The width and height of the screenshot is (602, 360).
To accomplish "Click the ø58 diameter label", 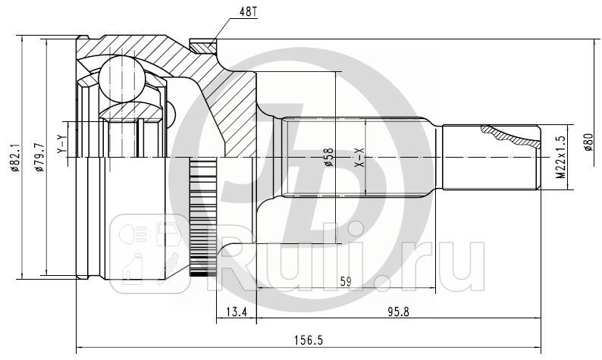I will point(328,157).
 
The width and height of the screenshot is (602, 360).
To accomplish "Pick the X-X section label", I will point(360,157).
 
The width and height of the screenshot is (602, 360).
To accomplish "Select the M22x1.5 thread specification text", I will point(560,158).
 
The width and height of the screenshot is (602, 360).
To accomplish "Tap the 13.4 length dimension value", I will point(237,311).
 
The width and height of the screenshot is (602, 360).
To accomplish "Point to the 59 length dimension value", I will point(345,282).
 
